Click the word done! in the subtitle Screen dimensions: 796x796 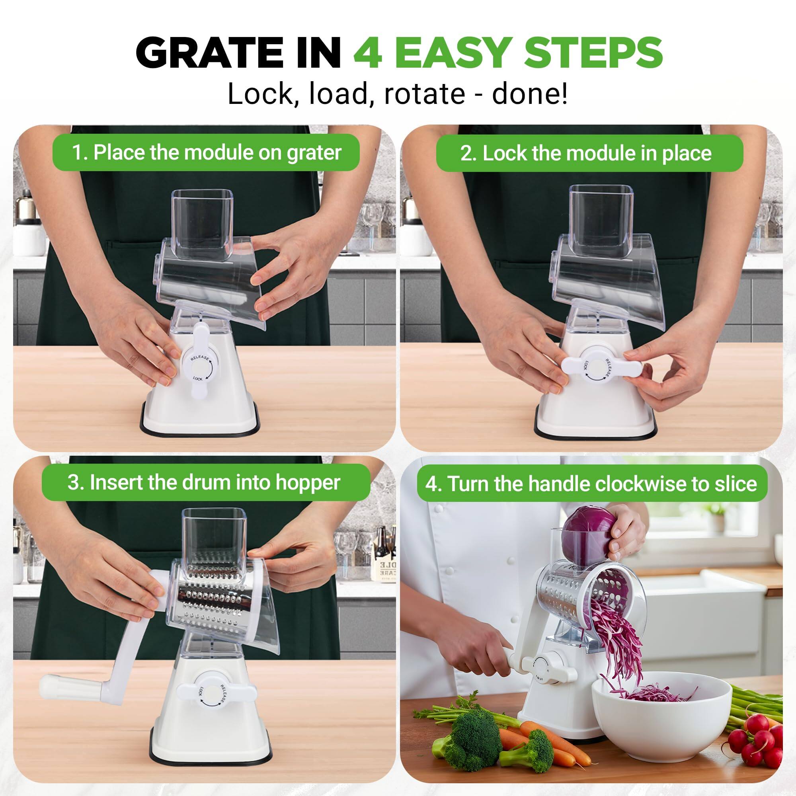[x=529, y=94]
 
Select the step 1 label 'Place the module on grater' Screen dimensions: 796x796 [x=206, y=152]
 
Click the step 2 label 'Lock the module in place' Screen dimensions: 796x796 [x=589, y=153]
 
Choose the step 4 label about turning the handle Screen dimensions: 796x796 [x=592, y=484]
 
